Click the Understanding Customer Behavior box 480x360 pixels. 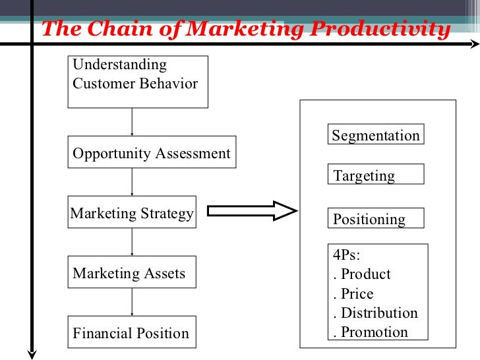pos(138,82)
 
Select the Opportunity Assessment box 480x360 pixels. pos(152,154)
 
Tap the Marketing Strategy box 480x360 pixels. pos(133,213)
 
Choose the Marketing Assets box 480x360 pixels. pos(132,273)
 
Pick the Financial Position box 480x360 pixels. pos(133,333)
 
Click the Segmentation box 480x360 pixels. pos(376,135)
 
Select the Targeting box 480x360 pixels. pos(376,175)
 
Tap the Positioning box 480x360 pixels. pos(376,219)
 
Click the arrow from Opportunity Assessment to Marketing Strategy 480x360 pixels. pos(133,182)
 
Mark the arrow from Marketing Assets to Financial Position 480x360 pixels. pos(133,303)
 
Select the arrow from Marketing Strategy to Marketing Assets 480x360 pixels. pos(133,243)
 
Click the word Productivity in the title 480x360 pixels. pos(382,30)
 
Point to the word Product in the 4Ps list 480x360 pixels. pos(365,274)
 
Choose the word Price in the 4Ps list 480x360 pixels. pos(357,293)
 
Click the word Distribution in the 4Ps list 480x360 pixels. pos(379,313)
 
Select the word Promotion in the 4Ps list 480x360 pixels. pos(375,332)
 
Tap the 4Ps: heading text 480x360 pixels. pos(347,255)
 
